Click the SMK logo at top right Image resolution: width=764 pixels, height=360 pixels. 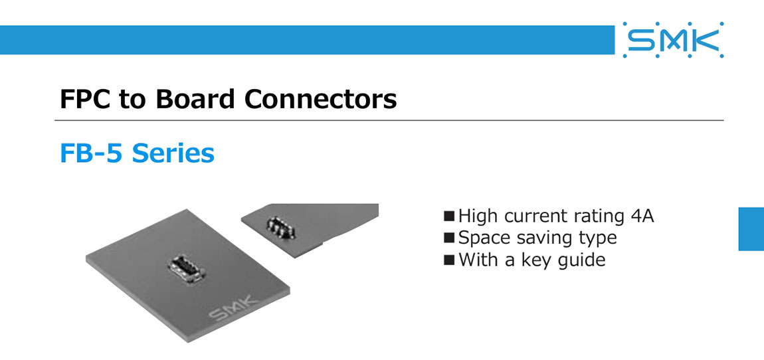tap(673, 41)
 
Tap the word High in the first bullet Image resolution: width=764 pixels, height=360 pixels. tap(478, 216)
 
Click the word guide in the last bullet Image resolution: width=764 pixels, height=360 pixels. tap(581, 260)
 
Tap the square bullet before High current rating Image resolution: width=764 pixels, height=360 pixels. tap(450, 216)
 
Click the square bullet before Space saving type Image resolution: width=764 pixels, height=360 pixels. tap(450, 238)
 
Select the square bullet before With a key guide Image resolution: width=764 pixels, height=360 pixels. tap(450, 260)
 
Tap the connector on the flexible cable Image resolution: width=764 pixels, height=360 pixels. tap(280, 228)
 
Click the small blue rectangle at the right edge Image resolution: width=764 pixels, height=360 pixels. tap(751, 228)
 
